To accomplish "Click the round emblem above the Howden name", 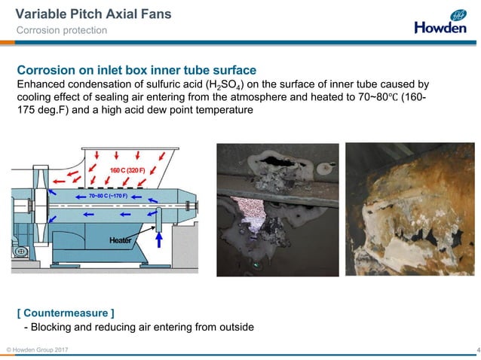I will pyautogui.click(x=458, y=14).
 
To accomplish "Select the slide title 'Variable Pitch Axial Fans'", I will pyautogui.click(x=93, y=14).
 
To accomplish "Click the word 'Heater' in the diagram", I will pyautogui.click(x=121, y=240).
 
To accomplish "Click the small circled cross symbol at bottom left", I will pyautogui.click(x=22, y=251).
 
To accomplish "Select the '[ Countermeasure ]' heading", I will pyautogui.click(x=66, y=312).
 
